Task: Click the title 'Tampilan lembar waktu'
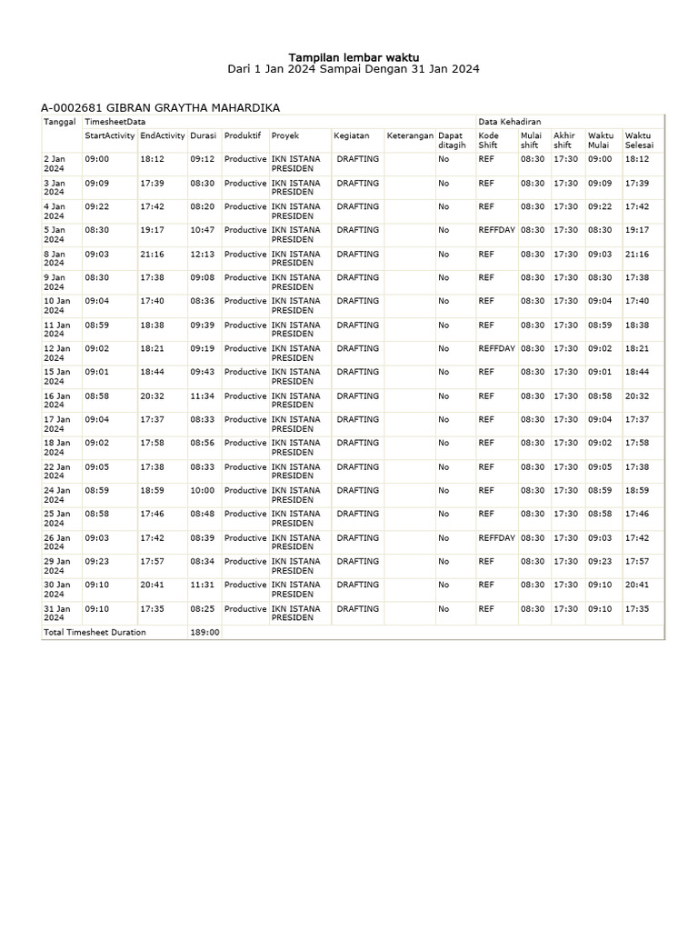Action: (x=354, y=55)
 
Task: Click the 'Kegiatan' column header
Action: (x=352, y=135)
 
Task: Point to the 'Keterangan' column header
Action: (x=410, y=135)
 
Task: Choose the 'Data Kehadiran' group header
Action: (x=510, y=121)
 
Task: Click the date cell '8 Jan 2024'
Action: (x=55, y=259)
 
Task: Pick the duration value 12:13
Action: (x=202, y=255)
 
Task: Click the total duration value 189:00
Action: (x=204, y=632)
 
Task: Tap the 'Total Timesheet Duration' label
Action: (x=95, y=632)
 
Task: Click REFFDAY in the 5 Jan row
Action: (x=496, y=231)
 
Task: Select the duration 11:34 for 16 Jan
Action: (x=202, y=396)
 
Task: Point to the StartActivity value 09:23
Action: (x=96, y=562)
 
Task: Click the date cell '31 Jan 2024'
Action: (x=55, y=614)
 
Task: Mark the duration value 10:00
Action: (x=202, y=491)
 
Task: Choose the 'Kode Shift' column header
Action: (x=488, y=140)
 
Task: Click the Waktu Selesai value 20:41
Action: (x=637, y=586)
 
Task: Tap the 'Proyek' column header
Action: (x=285, y=135)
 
